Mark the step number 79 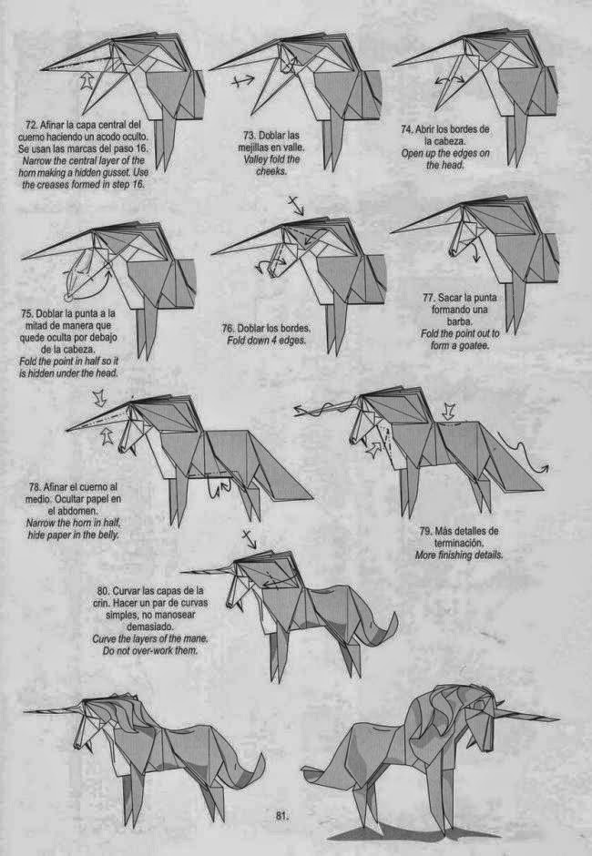[427, 531]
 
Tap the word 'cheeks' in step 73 [271, 170]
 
